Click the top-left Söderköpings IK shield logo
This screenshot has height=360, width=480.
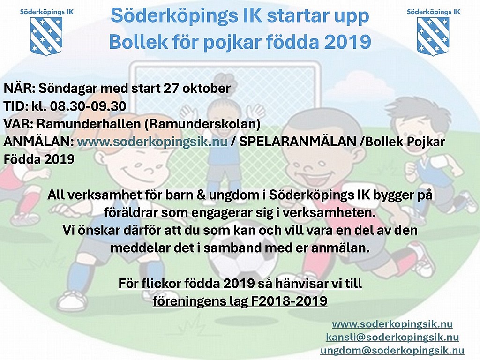pyautogui.click(x=46, y=36)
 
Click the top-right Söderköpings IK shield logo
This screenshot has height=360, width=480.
pyautogui.click(x=433, y=36)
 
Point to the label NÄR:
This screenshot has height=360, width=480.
pyautogui.click(x=20, y=88)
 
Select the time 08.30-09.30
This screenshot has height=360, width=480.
pyautogui.click(x=88, y=106)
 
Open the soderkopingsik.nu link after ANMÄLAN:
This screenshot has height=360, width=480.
pyautogui.click(x=152, y=142)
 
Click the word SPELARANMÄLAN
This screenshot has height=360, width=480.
pyautogui.click(x=298, y=142)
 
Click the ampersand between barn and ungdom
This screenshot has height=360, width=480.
pyautogui.click(x=201, y=195)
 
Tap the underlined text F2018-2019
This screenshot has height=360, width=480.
pyautogui.click(x=289, y=301)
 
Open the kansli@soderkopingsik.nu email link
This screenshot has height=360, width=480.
pyautogui.click(x=392, y=337)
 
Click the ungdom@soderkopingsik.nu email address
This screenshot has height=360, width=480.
pyautogui.click(x=392, y=350)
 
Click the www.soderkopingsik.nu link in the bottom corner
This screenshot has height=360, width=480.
pyautogui.click(x=392, y=324)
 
